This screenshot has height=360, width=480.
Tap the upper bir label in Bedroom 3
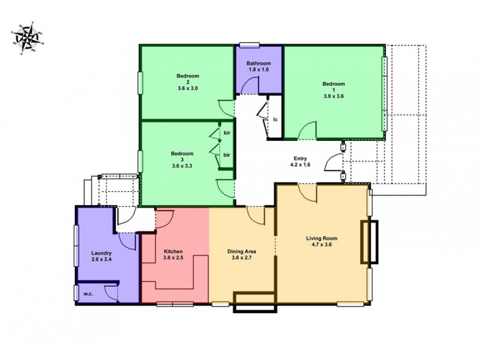[x=227, y=132]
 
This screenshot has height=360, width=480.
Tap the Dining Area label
[x=242, y=252]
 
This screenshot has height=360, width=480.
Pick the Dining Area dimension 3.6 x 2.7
[x=242, y=259]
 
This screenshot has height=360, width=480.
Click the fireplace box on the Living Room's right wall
[x=369, y=242]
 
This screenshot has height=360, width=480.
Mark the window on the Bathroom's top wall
[x=250, y=43]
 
